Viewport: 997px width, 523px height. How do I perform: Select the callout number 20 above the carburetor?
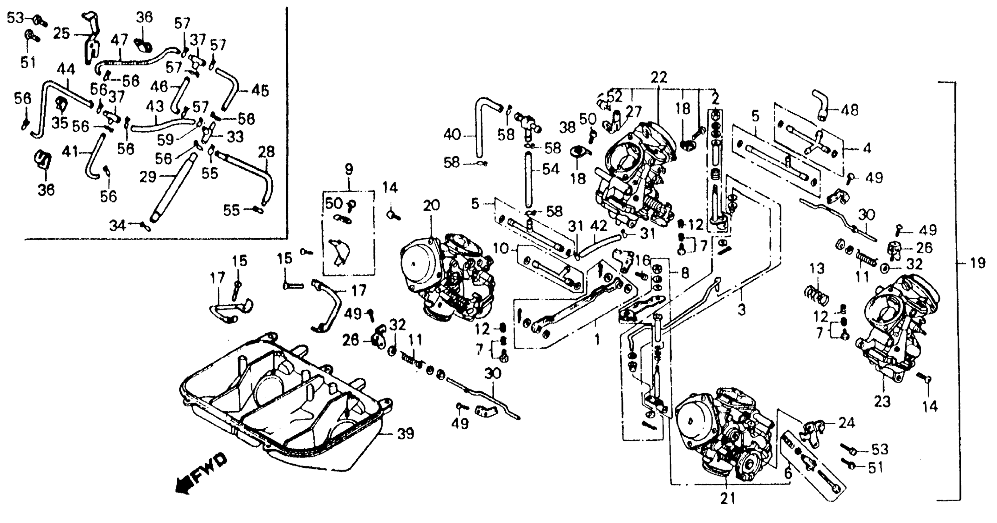(431, 206)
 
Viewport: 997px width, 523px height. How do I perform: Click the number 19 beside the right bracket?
(977, 263)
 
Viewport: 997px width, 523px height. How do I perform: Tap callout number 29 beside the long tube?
(147, 177)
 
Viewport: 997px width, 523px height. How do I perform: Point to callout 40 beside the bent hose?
(452, 135)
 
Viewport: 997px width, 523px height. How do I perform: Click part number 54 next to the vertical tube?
(551, 169)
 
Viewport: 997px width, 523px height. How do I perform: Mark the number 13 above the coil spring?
(817, 269)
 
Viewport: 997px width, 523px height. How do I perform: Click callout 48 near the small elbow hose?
(850, 110)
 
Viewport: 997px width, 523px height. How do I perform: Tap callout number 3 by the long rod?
(742, 310)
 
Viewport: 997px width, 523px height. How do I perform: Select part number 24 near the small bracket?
(847, 423)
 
